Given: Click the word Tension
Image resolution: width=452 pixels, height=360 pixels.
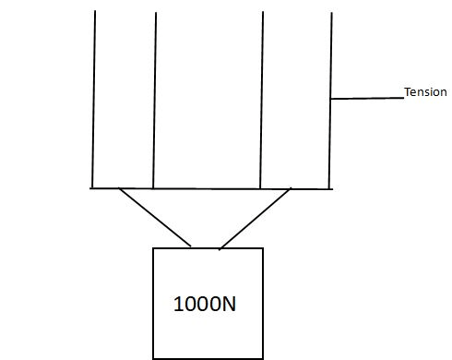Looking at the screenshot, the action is tap(425, 92).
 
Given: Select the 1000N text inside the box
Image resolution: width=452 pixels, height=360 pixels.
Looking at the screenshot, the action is tap(205, 304).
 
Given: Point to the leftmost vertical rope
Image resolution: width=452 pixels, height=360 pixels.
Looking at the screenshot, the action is tap(93, 99).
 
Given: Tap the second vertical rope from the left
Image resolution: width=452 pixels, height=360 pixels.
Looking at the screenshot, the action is tap(154, 101).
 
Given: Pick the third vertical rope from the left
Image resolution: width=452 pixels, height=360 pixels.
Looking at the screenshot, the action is tap(261, 100).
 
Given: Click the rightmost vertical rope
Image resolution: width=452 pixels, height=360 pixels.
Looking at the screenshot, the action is tap(330, 101).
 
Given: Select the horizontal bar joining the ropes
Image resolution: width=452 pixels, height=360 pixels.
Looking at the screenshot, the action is tap(211, 188).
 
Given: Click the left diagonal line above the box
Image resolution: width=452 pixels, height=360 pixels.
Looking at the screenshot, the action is tap(155, 217).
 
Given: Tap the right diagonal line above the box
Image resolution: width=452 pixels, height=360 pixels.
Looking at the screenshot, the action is tap(255, 219).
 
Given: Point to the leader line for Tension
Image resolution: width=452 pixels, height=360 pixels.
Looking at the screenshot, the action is tap(367, 99).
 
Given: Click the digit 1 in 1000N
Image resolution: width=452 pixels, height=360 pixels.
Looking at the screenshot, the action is tap(178, 304).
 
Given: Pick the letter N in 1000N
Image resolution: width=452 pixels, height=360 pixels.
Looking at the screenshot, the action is tap(229, 304).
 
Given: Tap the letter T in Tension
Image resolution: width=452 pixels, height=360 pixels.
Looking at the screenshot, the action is tap(408, 91).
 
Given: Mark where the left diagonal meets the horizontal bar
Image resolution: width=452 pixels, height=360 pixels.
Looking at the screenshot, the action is tap(119, 188).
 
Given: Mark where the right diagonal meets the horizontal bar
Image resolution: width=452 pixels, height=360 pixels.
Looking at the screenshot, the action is tap(290, 189).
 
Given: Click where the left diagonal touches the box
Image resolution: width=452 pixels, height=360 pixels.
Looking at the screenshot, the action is tap(191, 246).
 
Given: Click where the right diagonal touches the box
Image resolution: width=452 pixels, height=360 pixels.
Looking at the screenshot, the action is tap(220, 248).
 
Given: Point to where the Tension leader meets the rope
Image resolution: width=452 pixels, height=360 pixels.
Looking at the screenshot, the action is tap(330, 99).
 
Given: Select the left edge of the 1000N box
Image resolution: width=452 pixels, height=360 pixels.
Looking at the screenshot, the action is tap(153, 304).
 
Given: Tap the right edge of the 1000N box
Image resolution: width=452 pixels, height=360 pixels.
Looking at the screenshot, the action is tap(263, 304).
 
